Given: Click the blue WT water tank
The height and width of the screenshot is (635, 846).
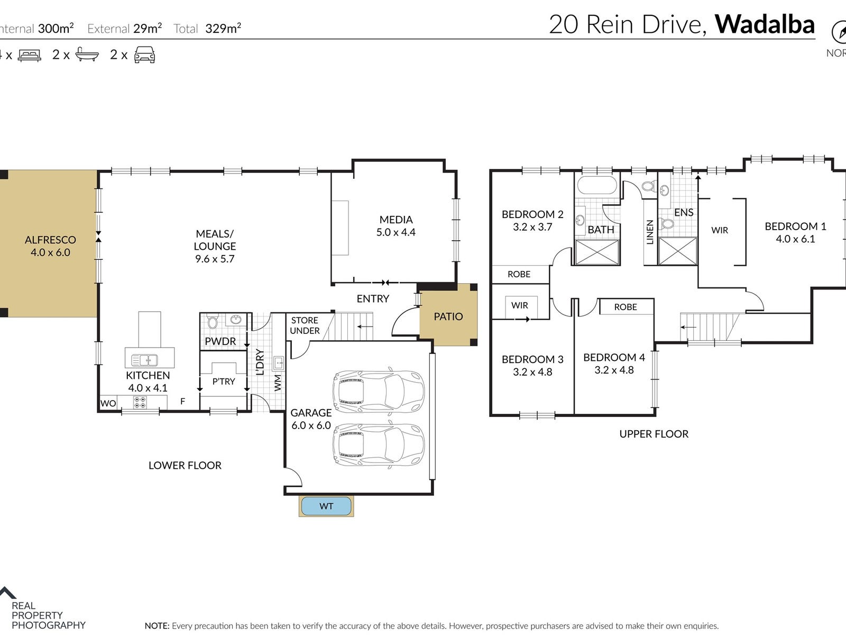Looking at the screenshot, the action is (326, 506).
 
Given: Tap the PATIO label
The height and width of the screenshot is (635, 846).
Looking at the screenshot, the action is (448, 316).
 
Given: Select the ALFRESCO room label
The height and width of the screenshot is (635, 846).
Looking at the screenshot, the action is (50, 240).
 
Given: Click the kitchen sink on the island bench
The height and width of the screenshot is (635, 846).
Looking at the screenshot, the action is (144, 360).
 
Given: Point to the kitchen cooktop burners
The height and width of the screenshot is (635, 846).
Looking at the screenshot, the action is (140, 403).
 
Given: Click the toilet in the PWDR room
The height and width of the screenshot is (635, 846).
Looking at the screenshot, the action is (213, 321).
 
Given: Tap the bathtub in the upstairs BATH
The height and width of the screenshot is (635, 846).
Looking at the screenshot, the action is (597, 185).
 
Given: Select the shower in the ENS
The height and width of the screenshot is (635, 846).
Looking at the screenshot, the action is (677, 251).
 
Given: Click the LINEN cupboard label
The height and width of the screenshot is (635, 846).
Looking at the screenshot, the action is (650, 232).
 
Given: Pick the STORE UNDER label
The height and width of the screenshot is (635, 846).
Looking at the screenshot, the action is (305, 325).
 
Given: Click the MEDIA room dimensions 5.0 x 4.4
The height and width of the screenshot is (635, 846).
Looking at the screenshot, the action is (396, 232).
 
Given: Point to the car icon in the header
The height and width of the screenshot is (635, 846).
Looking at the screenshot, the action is (144, 55).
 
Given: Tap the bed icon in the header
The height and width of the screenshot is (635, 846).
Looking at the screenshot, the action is (29, 55).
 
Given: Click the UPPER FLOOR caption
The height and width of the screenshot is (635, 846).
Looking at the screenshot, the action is (654, 434).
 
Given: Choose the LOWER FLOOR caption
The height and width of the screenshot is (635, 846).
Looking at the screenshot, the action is (185, 465).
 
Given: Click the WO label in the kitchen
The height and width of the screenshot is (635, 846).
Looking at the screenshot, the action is (108, 403).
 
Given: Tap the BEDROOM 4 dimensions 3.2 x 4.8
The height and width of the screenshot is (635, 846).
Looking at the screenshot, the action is (614, 370).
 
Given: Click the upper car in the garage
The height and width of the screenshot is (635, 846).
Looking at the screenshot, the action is (379, 392).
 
